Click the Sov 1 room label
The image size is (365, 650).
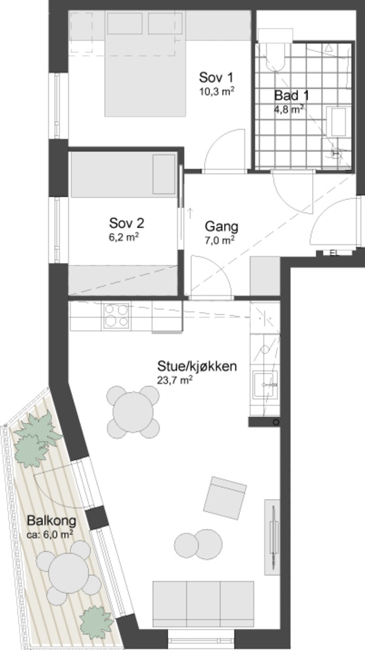(x=216, y=78)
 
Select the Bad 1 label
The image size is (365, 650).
(x=291, y=96)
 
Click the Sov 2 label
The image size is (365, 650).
(x=126, y=223)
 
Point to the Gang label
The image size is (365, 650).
(x=221, y=227)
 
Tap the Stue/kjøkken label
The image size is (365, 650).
(x=197, y=366)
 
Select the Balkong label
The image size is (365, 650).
(x=52, y=521)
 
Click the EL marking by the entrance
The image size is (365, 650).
(x=335, y=253)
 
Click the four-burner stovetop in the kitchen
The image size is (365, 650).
(x=116, y=316)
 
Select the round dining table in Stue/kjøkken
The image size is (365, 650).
(x=133, y=412)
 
